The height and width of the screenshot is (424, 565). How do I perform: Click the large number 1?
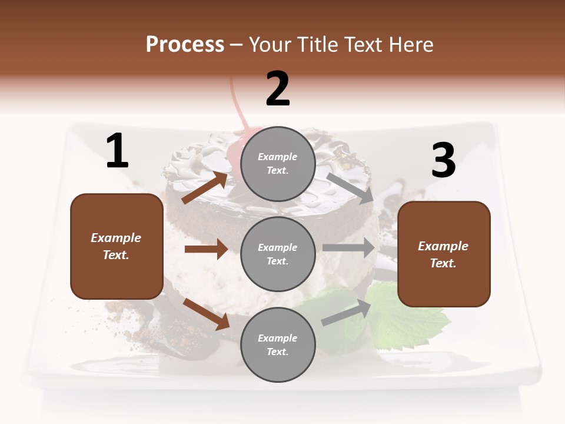point(117,151)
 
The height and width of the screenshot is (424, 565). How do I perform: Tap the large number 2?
point(278,89)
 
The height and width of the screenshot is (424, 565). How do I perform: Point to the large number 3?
point(443,161)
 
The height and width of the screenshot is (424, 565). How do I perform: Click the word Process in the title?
point(185,44)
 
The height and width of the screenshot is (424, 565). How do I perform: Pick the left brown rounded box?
point(117,246)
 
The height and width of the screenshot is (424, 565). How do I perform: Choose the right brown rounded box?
point(444,254)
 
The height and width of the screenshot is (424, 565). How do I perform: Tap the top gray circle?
point(278,164)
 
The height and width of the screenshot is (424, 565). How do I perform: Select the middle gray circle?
point(278,254)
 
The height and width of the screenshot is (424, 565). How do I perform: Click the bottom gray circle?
point(278,344)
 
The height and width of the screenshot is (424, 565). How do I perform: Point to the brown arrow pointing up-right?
point(205,187)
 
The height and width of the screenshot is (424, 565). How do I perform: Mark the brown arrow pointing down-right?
point(206,314)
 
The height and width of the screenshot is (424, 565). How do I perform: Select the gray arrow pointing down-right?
point(350,188)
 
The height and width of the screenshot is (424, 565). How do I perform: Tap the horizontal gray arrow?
point(348,248)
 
